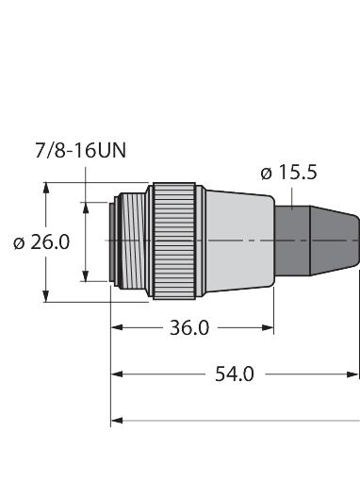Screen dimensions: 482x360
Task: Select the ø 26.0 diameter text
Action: (x=42, y=242)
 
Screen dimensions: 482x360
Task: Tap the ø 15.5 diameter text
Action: (x=288, y=174)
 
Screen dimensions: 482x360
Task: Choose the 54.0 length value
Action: (x=234, y=374)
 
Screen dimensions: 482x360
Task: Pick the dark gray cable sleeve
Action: (x=316, y=241)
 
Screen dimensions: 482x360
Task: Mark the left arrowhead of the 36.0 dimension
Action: (x=118, y=328)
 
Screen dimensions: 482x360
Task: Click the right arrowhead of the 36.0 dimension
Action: (x=269, y=328)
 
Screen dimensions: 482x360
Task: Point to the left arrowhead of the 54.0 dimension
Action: (x=118, y=374)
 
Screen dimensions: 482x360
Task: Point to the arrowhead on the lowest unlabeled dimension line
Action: (x=117, y=420)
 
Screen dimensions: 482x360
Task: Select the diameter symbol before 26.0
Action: (x=20, y=242)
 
